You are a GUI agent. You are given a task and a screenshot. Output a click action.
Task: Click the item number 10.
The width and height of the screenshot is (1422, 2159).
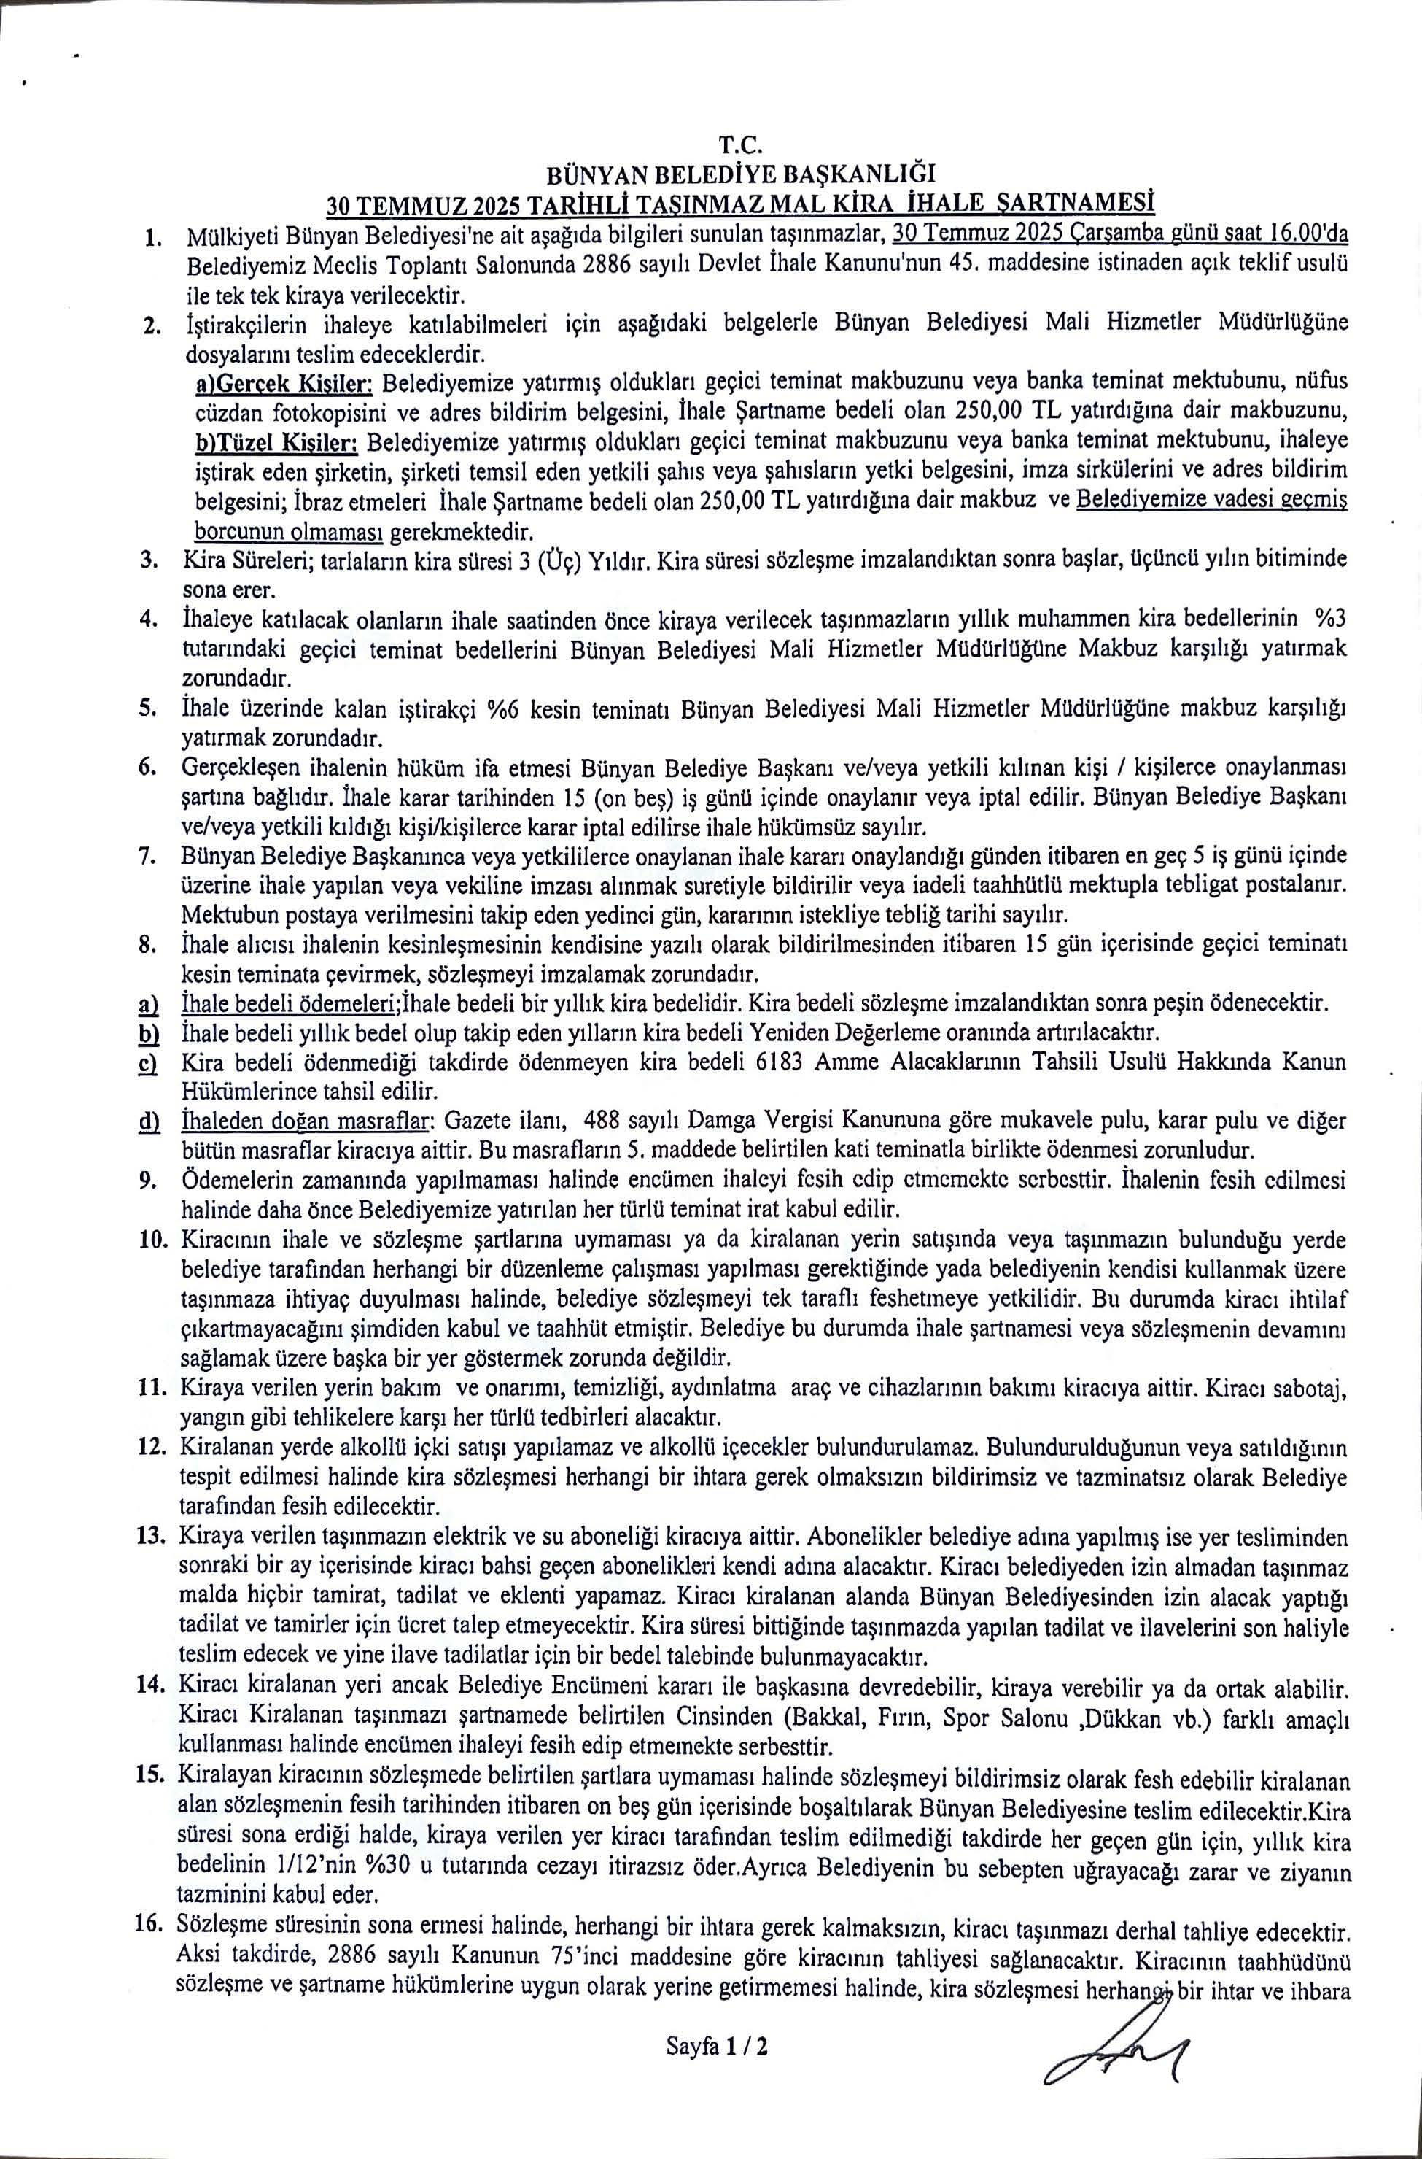point(159,1239)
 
